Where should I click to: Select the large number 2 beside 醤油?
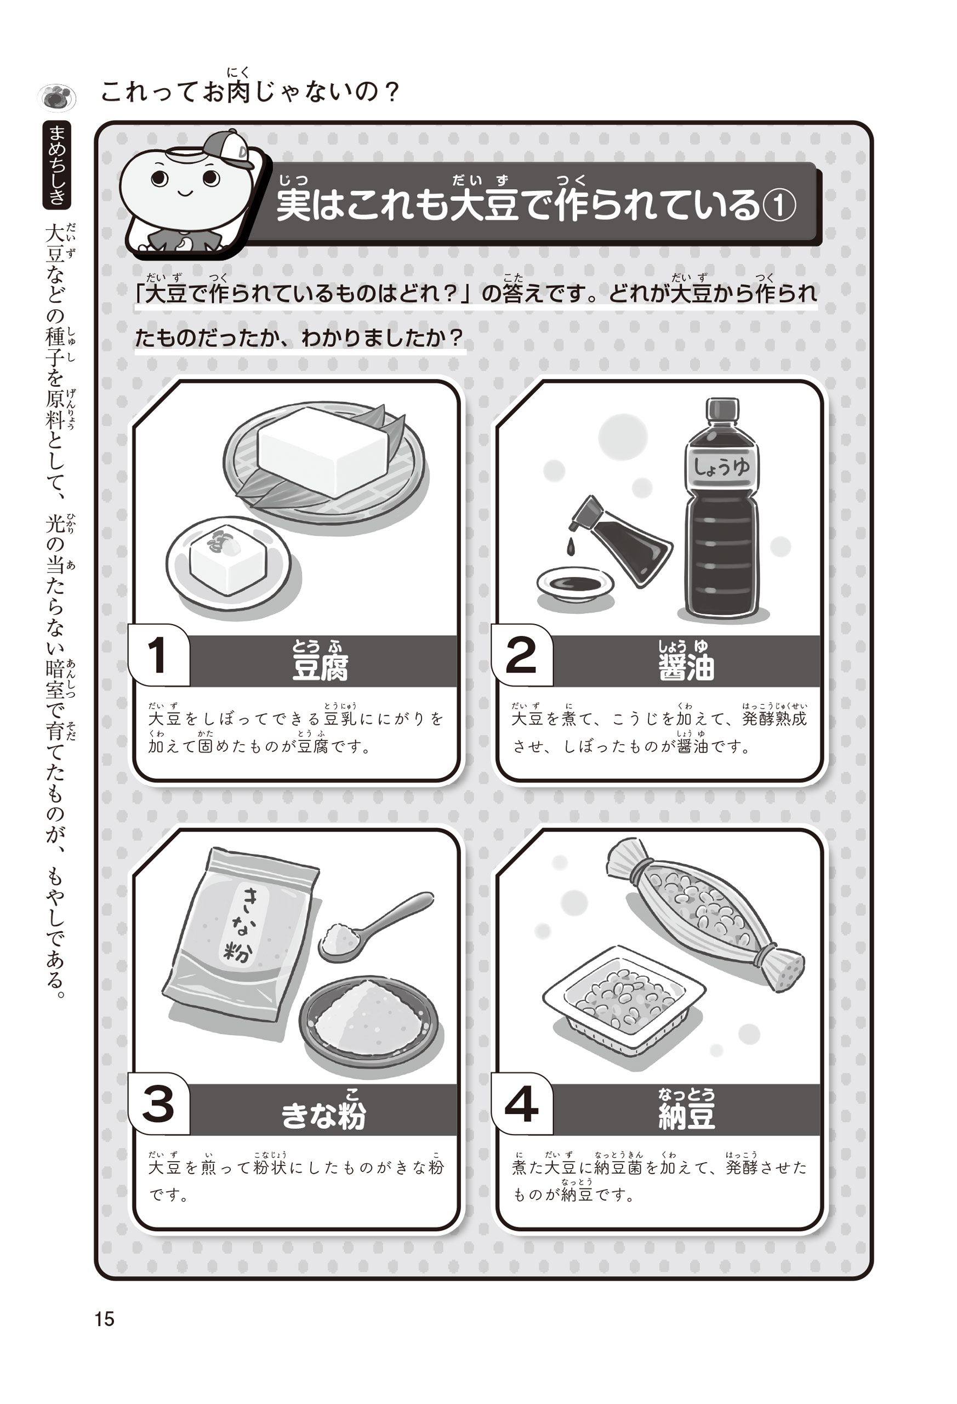pos(521,655)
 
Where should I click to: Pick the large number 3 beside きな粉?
pos(158,1105)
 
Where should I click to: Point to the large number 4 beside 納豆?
pos(521,1105)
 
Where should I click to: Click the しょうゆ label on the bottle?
pos(721,467)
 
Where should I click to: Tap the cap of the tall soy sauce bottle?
pos(722,409)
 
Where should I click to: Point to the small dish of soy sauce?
pos(575,584)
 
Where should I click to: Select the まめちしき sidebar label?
pos(58,165)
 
